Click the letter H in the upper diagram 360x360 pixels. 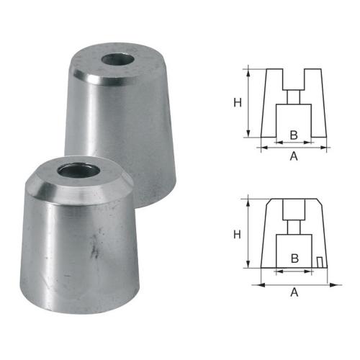tap(237, 102)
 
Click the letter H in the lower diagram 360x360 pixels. tap(237, 233)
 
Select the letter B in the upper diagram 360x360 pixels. tap(293, 135)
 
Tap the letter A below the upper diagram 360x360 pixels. tap(293, 156)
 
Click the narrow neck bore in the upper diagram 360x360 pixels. tap(294, 96)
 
